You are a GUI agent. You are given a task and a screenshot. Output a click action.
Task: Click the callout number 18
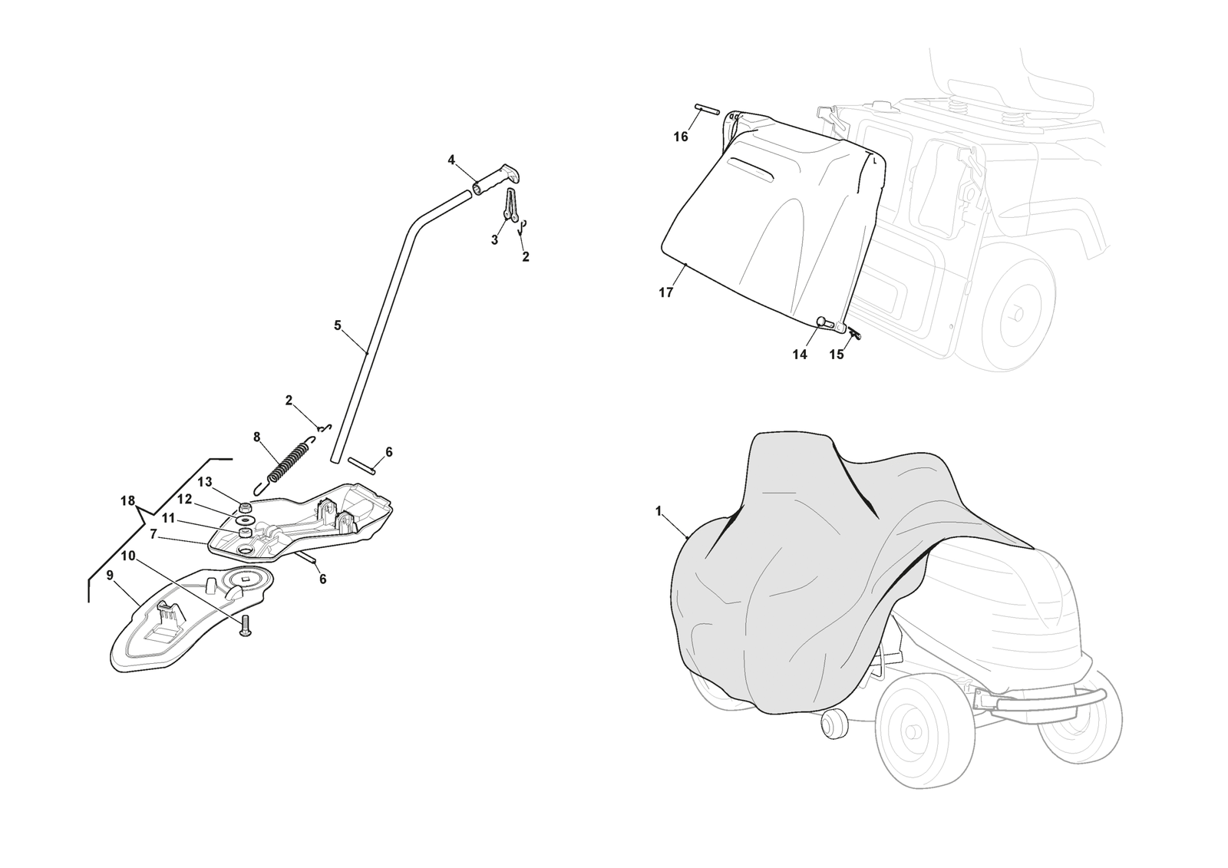pyautogui.click(x=127, y=500)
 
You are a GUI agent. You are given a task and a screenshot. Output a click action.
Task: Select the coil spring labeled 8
pyautogui.click(x=287, y=464)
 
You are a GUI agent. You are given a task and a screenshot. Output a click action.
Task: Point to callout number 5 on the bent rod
pyautogui.click(x=338, y=325)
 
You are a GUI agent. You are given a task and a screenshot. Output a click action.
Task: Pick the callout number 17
pyautogui.click(x=665, y=293)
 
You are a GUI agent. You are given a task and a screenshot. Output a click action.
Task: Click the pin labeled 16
pyautogui.click(x=707, y=108)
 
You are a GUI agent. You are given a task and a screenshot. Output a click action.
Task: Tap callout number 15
pyautogui.click(x=837, y=355)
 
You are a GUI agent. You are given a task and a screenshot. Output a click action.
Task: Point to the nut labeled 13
pyautogui.click(x=246, y=506)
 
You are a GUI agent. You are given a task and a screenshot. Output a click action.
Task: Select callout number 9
pyautogui.click(x=111, y=575)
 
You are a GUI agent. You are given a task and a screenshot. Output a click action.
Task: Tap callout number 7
pyautogui.click(x=153, y=533)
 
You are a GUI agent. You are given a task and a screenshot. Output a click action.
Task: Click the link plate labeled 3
pyautogui.click(x=511, y=206)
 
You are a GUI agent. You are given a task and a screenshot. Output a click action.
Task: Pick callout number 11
pyautogui.click(x=168, y=517)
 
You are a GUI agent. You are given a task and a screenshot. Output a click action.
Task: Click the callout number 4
pyautogui.click(x=451, y=160)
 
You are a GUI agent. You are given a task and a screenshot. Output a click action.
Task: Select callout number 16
pyautogui.click(x=680, y=137)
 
